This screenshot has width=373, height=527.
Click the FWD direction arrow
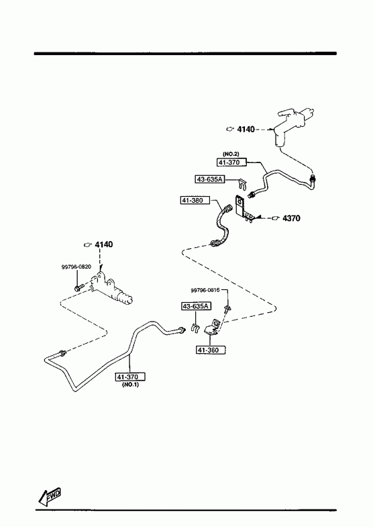49,496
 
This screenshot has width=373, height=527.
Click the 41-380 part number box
195,200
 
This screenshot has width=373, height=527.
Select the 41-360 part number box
211,350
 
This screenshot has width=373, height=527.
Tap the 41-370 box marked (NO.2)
231,162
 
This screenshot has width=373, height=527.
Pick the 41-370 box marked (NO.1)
130,377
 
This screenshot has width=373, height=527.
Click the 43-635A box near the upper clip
209,179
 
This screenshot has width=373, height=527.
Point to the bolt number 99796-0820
76,267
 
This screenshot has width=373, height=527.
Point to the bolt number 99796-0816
205,290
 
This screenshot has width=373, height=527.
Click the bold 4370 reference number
291,218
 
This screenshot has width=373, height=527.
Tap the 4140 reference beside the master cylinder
246,129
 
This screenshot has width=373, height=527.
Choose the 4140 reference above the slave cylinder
104,244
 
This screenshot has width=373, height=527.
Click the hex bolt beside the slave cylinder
79,288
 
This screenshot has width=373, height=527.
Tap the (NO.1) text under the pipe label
130,385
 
